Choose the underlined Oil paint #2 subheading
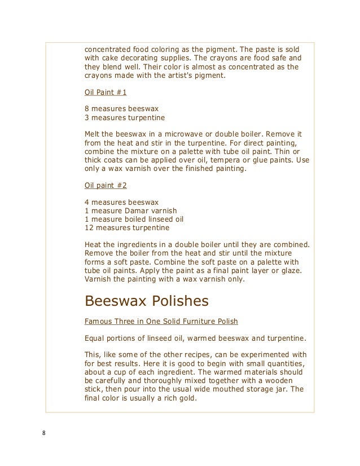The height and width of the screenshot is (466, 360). [x=102, y=186]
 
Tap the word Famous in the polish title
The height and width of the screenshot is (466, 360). [x=96, y=321]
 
